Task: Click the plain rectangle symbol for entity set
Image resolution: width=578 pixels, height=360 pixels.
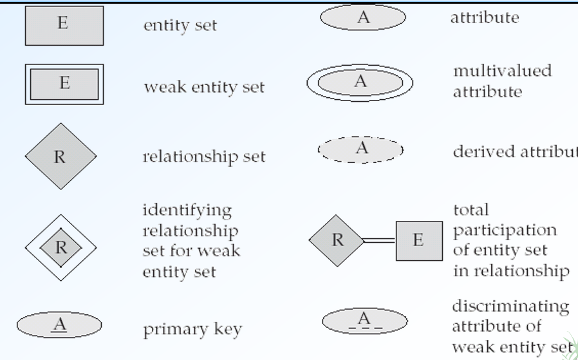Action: click(x=64, y=26)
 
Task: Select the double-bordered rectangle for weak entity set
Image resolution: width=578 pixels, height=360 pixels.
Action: click(x=64, y=84)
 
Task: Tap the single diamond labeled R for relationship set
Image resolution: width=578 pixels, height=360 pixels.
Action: click(x=61, y=156)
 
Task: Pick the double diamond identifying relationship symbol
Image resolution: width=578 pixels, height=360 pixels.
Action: click(x=61, y=247)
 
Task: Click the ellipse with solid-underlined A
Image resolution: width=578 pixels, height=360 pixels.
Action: click(x=59, y=325)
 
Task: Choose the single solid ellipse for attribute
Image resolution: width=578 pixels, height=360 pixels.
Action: click(x=363, y=18)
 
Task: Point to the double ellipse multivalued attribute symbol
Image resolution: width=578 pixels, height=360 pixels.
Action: click(x=359, y=82)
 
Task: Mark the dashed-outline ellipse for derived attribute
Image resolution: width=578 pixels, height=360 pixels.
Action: click(x=360, y=149)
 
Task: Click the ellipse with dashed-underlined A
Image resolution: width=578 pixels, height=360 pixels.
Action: click(x=364, y=320)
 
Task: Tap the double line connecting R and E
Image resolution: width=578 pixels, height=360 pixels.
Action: click(x=379, y=240)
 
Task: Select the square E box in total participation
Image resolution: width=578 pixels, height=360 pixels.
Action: click(x=418, y=240)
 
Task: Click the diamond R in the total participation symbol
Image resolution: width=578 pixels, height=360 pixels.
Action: click(x=337, y=240)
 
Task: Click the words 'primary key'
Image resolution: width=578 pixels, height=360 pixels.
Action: click(x=192, y=330)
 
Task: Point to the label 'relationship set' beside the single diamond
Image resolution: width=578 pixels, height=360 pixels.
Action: click(x=203, y=156)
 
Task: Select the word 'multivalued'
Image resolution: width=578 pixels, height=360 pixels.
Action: click(x=502, y=70)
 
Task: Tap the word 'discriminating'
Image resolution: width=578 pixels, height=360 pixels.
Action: click(x=510, y=306)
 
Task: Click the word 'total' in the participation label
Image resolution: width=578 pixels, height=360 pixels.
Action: click(x=471, y=209)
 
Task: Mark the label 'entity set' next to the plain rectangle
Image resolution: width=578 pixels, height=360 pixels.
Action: click(x=180, y=26)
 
